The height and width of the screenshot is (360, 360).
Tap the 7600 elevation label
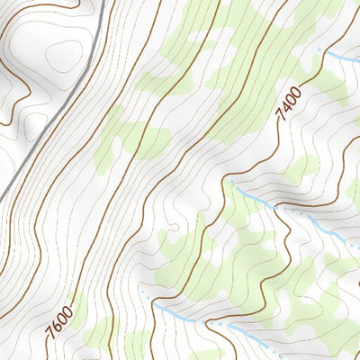59,323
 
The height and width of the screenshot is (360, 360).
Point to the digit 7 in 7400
282,118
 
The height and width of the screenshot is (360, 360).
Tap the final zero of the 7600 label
68,311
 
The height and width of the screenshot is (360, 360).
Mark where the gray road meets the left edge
1,199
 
